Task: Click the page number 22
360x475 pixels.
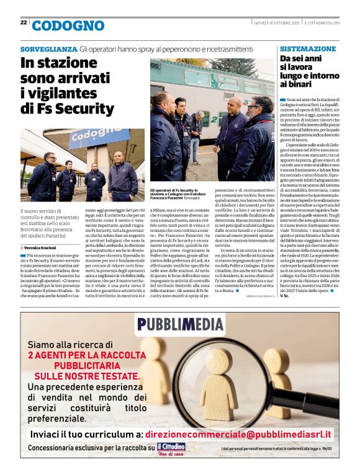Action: click(24, 22)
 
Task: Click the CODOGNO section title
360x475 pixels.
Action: click(68, 25)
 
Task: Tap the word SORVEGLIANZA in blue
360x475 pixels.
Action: click(48, 49)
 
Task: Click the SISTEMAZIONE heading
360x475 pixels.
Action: click(308, 48)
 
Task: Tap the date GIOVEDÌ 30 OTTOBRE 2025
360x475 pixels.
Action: click(277, 23)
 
